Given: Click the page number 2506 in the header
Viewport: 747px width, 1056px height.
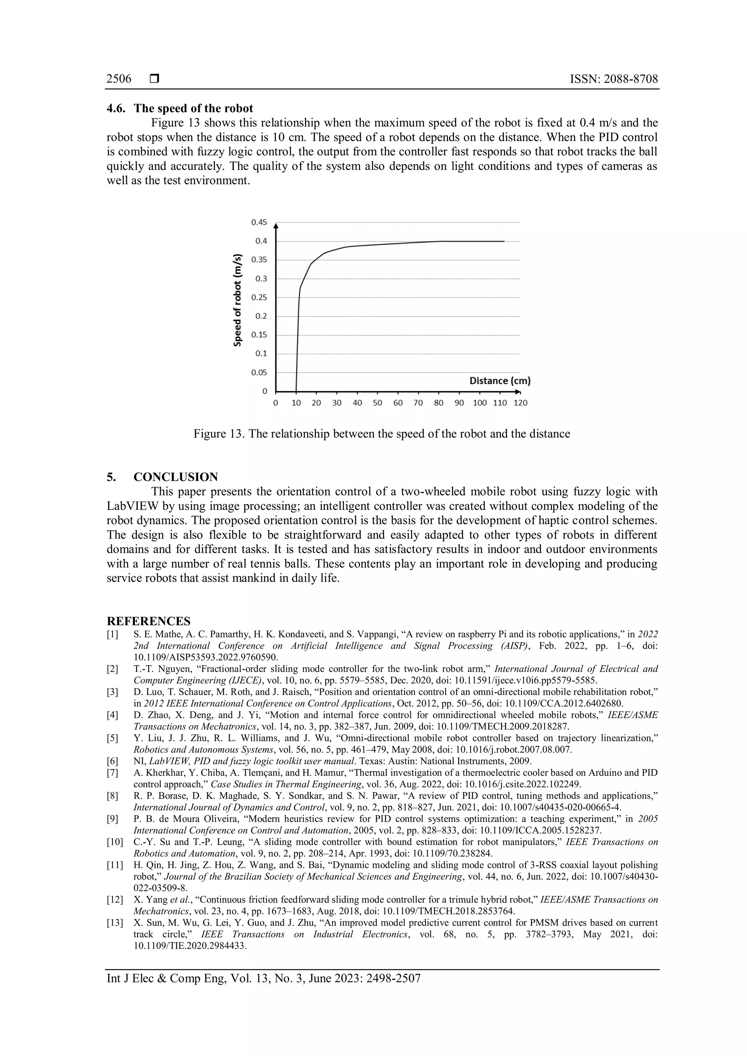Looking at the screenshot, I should tap(119, 79).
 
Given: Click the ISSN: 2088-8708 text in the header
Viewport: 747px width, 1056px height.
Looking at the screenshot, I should tap(614, 79).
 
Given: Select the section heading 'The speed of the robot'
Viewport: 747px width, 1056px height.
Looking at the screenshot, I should tap(193, 109).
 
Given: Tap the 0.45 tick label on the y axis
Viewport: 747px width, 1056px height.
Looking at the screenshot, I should tap(259, 222).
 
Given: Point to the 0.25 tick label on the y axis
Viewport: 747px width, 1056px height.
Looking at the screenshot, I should tap(259, 298).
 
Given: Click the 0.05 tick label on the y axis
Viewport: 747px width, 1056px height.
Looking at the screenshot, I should tap(259, 373).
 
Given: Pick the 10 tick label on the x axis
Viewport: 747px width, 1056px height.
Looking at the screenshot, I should tap(296, 403).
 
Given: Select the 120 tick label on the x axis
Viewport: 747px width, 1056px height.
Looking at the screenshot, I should tap(520, 403).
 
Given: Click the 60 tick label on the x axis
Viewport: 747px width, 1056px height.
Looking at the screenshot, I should tap(398, 403).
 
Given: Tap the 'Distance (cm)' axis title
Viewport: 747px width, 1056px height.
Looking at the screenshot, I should tap(500, 381).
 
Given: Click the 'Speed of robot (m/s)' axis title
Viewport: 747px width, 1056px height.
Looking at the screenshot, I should tap(237, 300).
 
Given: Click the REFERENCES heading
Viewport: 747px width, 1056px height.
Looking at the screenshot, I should tap(148, 621).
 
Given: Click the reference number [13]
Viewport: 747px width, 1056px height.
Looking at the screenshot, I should tap(115, 923).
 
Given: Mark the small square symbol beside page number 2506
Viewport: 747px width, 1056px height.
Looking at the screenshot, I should tap(155, 79).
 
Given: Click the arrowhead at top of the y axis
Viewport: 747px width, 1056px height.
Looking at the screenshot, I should tap(276, 225).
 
